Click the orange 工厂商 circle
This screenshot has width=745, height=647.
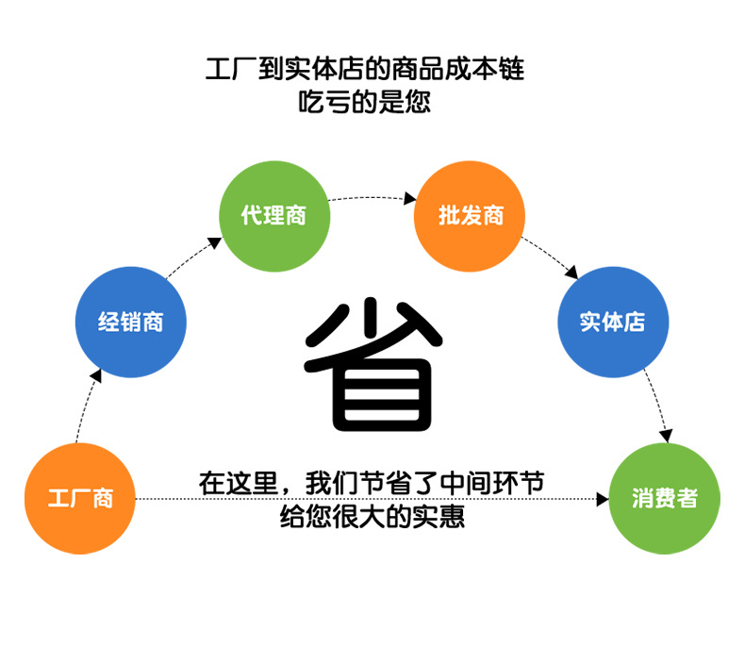[80, 498]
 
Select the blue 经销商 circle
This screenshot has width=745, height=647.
[131, 323]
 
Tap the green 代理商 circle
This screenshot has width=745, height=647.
[274, 216]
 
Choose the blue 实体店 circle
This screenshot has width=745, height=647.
[614, 323]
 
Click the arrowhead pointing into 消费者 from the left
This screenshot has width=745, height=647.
[604, 498]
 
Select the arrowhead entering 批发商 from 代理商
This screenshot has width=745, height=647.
[410, 199]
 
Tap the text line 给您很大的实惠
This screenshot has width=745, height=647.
[372, 517]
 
